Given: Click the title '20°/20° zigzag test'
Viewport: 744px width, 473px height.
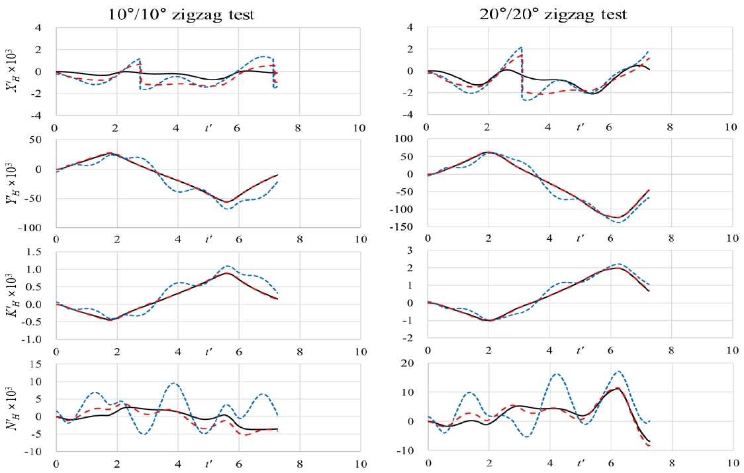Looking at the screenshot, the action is (x=553, y=15).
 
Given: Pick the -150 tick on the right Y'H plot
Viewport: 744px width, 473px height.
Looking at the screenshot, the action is (x=400, y=227).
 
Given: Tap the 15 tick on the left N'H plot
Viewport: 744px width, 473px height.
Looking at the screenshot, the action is (x=35, y=364).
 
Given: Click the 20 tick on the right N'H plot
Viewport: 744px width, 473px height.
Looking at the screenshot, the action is (x=406, y=363).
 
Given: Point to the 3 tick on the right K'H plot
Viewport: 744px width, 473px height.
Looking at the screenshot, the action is (x=409, y=251).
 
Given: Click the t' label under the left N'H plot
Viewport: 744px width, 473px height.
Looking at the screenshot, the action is (x=209, y=464).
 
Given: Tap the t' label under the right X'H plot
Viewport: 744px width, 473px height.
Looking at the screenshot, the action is (x=581, y=127).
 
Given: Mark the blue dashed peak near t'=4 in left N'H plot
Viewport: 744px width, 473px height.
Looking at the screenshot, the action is (x=174, y=383).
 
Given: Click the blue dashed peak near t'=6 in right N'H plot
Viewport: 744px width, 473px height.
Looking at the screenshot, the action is (x=618, y=372).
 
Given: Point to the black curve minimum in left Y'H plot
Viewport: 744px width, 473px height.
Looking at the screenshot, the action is (x=226, y=202).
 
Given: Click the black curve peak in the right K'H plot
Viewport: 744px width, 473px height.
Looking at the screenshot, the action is (x=617, y=268).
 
